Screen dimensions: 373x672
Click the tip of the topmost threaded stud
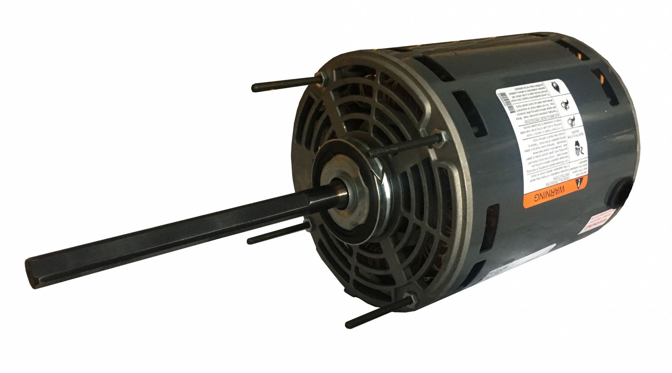254,88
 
